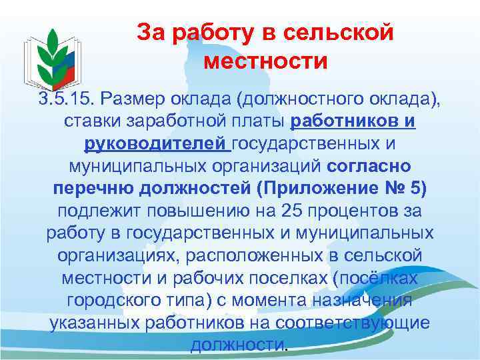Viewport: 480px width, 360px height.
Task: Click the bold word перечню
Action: click(x=93, y=188)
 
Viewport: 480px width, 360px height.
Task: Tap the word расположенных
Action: click(x=253, y=255)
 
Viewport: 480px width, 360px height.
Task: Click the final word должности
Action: click(x=237, y=345)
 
